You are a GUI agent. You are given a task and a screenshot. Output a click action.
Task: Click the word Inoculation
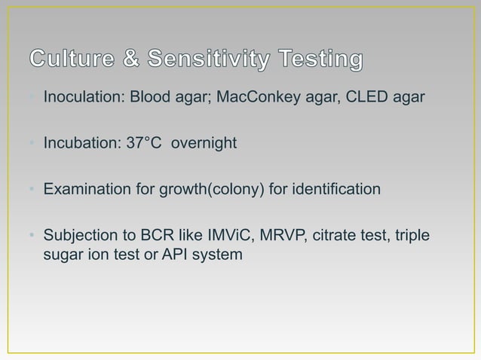coord(80,99)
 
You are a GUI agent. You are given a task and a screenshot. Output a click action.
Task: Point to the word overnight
coord(204,143)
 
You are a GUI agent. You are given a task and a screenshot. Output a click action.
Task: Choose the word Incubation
coord(78,143)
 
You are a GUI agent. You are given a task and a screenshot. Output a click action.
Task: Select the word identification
coord(338,189)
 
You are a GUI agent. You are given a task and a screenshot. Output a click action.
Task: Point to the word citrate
coord(321,236)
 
